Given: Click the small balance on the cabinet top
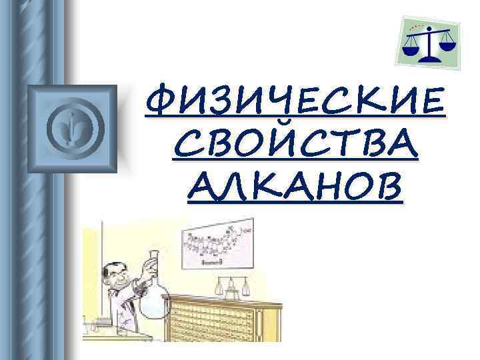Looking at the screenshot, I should click(x=231, y=287).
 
